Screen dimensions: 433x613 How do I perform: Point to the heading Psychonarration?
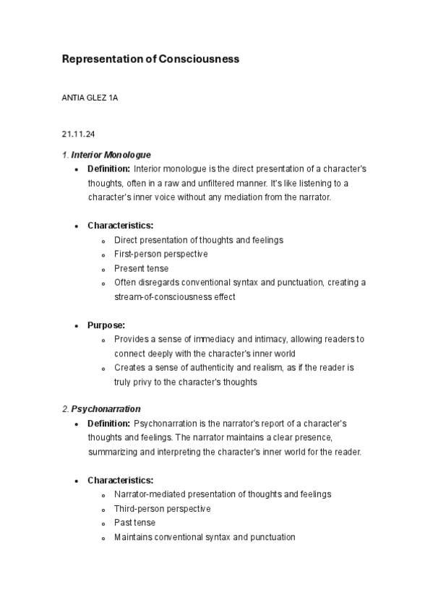pos(106,409)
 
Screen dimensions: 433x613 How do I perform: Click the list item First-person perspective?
pos(160,254)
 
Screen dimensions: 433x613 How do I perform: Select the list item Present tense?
pos(141,268)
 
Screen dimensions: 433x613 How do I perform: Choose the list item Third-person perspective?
pos(162,509)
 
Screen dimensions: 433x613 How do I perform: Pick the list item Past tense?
pos(134,523)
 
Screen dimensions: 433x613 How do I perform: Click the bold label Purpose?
pos(106,325)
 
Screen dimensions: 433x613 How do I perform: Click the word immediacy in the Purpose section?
pos(213,339)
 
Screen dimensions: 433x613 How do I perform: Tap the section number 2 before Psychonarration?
pos(64,409)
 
